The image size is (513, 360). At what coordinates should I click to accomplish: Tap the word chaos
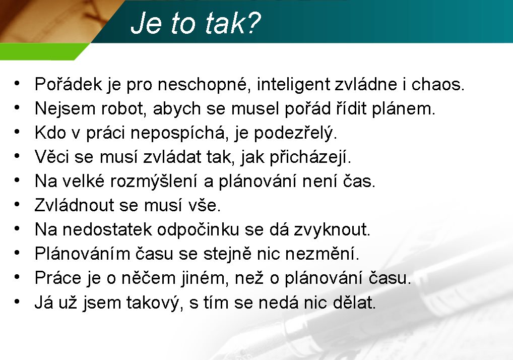click(438, 84)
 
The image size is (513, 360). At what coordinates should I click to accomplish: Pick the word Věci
click(52, 156)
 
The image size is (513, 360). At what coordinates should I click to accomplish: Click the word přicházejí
click(310, 157)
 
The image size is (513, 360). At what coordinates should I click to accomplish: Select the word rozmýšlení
click(153, 182)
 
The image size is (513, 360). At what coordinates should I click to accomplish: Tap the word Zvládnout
click(74, 205)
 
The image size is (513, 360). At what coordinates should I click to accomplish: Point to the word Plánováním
click(83, 254)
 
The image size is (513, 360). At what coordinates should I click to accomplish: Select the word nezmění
click(322, 254)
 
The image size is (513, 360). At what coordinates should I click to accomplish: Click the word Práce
click(58, 278)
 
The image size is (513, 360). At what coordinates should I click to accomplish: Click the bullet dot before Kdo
click(17, 132)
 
